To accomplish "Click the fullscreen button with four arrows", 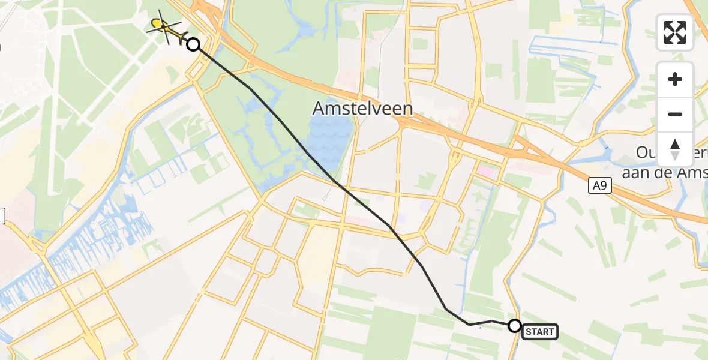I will [x=675, y=32].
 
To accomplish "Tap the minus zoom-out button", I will [x=675, y=114].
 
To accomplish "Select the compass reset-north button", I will [x=675, y=149].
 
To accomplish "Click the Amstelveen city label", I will [x=362, y=109].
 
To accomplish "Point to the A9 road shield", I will [x=599, y=187].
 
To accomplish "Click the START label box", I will [x=541, y=332].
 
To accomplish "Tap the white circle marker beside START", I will [x=515, y=326].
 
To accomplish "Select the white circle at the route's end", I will [x=193, y=44].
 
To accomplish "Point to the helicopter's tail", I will [x=179, y=40].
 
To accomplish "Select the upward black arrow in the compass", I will [x=675, y=144].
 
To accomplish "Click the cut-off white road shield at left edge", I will [x=2, y=215].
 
